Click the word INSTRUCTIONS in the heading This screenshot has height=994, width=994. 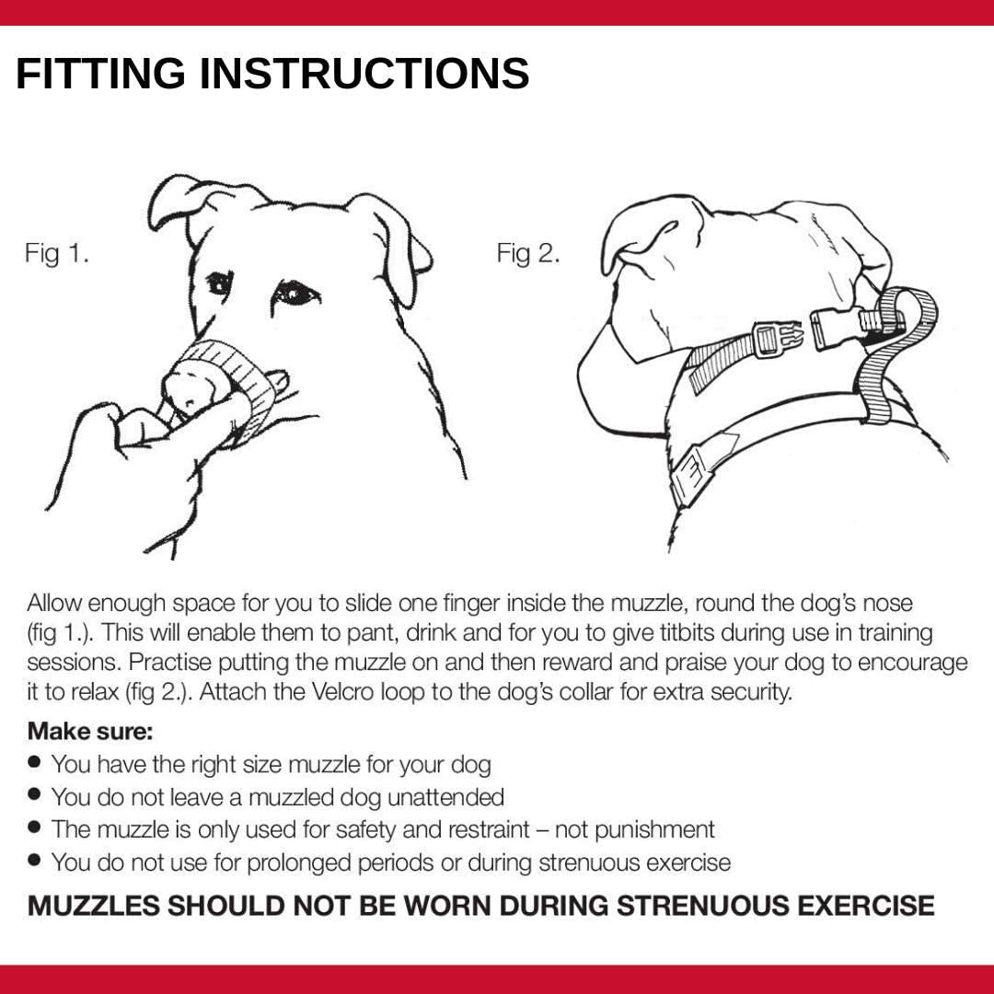pos(364,74)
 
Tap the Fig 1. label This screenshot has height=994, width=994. pos(57,253)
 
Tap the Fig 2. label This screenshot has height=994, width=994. pos(528,253)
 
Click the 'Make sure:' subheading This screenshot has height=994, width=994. pos(90,733)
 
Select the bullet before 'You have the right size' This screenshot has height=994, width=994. pos(35,762)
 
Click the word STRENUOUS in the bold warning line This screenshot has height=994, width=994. pos(702,905)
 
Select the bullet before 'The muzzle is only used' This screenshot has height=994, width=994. pos(35,827)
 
